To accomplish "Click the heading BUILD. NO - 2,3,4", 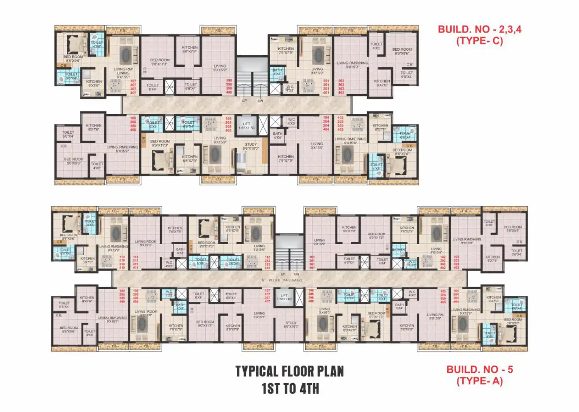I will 479,29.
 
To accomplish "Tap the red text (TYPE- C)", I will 479,41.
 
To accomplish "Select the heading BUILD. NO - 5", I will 480,370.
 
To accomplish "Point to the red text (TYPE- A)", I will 480,381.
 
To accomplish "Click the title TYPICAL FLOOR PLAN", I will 289,371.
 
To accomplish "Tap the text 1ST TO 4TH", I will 290,388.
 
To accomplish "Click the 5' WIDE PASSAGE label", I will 282,280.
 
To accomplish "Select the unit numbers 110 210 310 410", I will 122,262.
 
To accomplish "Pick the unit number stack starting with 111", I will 135,262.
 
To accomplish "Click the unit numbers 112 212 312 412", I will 267,262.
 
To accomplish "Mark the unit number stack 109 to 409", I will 122,296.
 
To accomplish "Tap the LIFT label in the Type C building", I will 247,126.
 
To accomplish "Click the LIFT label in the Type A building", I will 284,297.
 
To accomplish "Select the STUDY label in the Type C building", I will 251,146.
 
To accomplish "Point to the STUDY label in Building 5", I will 291,325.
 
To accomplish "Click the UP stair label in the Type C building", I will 244,101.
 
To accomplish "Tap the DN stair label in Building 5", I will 297,274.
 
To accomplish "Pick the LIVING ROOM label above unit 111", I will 146,243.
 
